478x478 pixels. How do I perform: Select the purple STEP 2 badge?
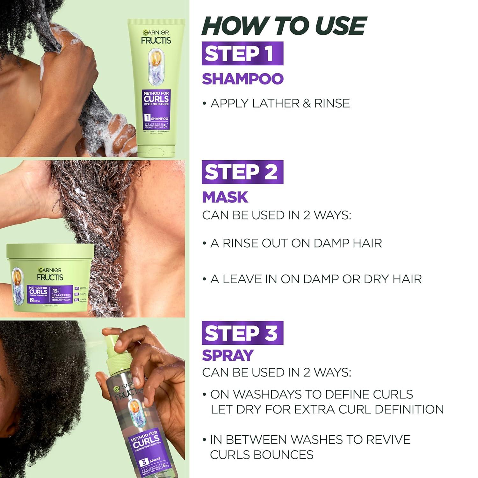[242, 172]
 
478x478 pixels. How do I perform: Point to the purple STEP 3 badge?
[242, 333]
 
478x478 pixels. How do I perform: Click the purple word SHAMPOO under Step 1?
[243, 79]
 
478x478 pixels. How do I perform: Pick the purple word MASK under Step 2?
[225, 197]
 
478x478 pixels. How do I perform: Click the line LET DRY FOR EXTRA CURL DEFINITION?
[327, 409]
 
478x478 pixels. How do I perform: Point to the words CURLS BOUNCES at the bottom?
[261, 454]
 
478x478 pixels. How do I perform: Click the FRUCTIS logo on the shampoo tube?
[156, 40]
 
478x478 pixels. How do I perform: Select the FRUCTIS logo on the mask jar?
[50, 277]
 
